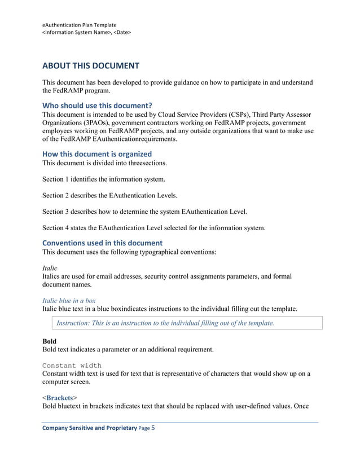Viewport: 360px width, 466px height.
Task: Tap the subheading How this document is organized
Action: pos(97,153)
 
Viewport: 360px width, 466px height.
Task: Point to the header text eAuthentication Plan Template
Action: pos(80,25)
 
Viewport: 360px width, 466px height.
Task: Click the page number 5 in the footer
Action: pos(152,428)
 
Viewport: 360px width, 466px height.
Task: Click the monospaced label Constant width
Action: pos(72,365)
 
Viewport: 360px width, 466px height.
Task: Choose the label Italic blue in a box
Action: pos(69,301)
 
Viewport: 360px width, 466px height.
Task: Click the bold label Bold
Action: pos(49,341)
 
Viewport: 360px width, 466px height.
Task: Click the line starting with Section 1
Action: pos(104,179)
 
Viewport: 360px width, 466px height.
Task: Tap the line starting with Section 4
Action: pos(153,228)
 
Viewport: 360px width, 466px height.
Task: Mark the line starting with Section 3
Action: pos(144,212)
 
